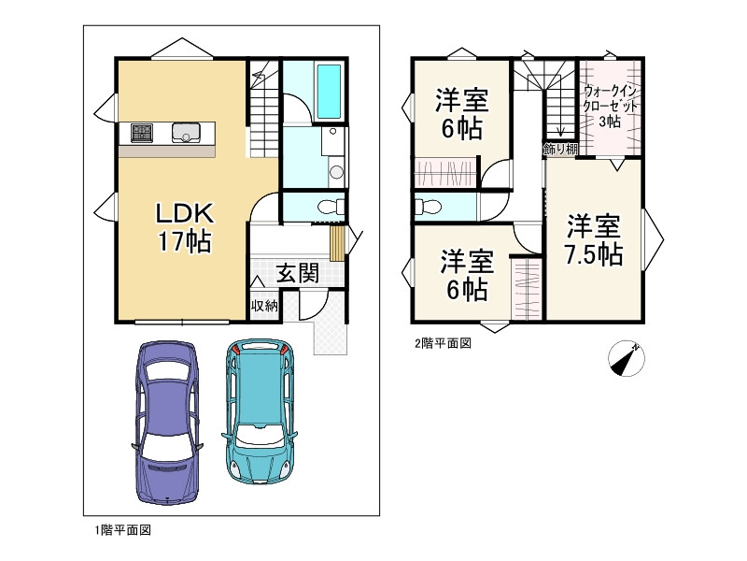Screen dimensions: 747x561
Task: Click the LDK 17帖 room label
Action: pyautogui.click(x=184, y=227)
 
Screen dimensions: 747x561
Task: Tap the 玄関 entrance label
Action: pyautogui.click(x=298, y=273)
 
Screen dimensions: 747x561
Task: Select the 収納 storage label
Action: pyautogui.click(x=264, y=306)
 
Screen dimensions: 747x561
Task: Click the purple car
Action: pyautogui.click(x=167, y=423)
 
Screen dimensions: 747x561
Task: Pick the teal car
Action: pyautogui.click(x=260, y=411)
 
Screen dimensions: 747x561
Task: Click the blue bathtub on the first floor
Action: pyautogui.click(x=330, y=91)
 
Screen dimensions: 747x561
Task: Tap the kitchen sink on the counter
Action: pyautogui.click(x=186, y=132)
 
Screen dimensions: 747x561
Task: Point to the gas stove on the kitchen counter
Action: pyautogui.click(x=142, y=132)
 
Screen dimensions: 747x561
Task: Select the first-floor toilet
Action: pyautogui.click(x=331, y=207)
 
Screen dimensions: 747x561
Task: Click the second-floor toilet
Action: pyautogui.click(x=428, y=207)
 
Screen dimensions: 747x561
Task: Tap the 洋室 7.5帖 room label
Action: pyautogui.click(x=594, y=240)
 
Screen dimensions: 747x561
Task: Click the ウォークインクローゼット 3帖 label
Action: pyautogui.click(x=610, y=106)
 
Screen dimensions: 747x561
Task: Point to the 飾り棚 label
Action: pyautogui.click(x=559, y=150)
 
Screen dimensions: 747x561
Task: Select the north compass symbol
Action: pyautogui.click(x=627, y=359)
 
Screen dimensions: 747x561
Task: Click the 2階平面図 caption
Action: pyautogui.click(x=443, y=343)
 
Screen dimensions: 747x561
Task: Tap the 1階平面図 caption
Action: pyautogui.click(x=123, y=530)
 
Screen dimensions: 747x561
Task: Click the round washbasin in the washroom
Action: pyautogui.click(x=337, y=172)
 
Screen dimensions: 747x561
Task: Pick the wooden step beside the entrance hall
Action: pyautogui.click(x=337, y=243)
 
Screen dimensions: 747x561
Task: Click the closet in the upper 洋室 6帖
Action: pyautogui.click(x=445, y=172)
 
